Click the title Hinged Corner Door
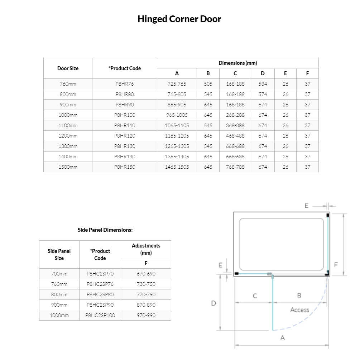point(179,19)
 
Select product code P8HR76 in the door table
point(125,84)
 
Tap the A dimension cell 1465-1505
point(177,167)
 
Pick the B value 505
point(208,84)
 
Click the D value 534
point(263,84)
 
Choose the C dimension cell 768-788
point(235,167)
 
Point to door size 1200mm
point(68,136)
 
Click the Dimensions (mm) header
point(237,63)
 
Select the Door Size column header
point(68,68)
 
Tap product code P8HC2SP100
point(100,315)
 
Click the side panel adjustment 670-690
point(146,274)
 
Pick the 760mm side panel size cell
point(59,284)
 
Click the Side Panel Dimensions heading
point(105,230)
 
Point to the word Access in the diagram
point(299,310)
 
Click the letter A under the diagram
point(283,337)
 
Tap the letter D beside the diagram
point(213,303)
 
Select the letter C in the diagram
point(255,296)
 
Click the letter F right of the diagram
point(336,265)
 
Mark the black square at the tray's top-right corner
point(328,215)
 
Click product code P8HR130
point(125,146)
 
